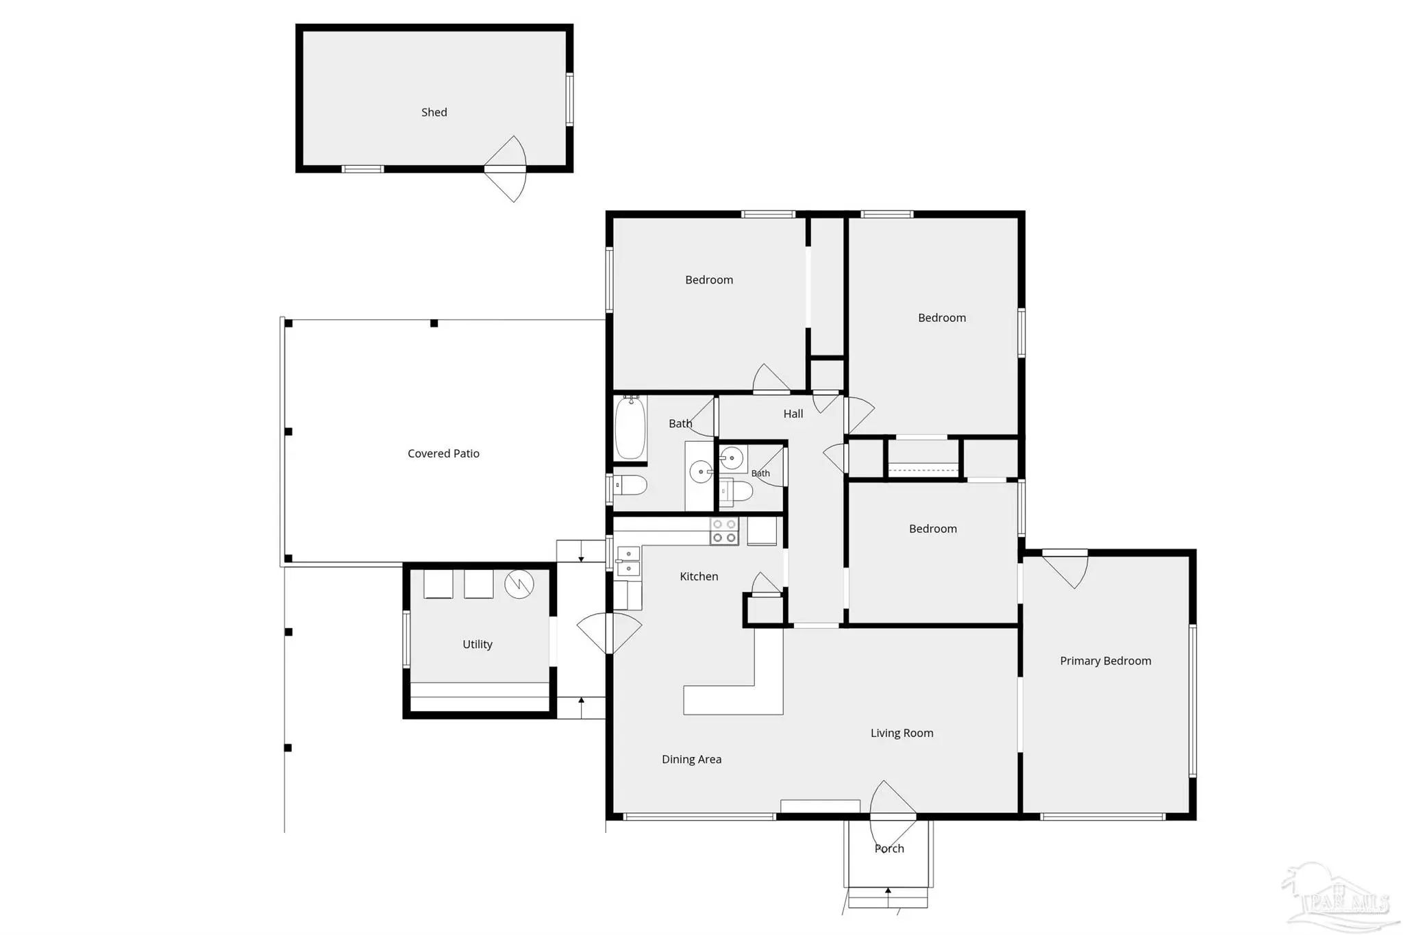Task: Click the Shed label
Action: point(434,112)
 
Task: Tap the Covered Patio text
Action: point(443,453)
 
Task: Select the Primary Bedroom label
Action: point(1105,661)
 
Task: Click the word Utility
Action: point(477,645)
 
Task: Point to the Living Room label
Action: point(902,733)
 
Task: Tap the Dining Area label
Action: point(691,759)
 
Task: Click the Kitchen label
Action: point(699,577)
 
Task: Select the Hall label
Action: point(793,414)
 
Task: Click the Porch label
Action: point(889,849)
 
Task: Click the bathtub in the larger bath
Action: point(630,429)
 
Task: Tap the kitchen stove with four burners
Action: point(724,531)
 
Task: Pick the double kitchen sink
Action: point(628,561)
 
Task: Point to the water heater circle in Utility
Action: point(519,584)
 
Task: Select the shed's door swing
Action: point(510,169)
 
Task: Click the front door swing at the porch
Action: point(892,815)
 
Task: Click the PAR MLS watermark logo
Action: point(1336,897)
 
